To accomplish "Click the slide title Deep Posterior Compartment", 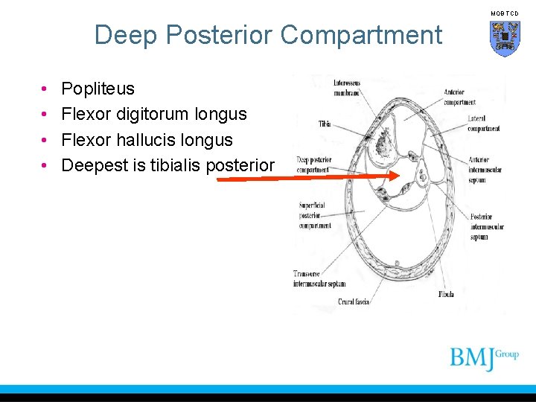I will (268, 35).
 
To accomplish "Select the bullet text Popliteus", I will (98, 89).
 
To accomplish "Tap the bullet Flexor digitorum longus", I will (153, 115).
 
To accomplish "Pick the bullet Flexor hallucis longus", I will (147, 140).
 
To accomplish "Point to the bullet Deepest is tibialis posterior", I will (167, 165).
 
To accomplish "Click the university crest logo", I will (505, 37).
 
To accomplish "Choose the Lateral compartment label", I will (483, 124).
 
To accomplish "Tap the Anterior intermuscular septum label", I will (485, 170).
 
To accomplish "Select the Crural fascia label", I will (354, 301).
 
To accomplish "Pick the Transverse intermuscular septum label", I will (319, 278).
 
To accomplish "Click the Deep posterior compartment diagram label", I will (313, 164).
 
